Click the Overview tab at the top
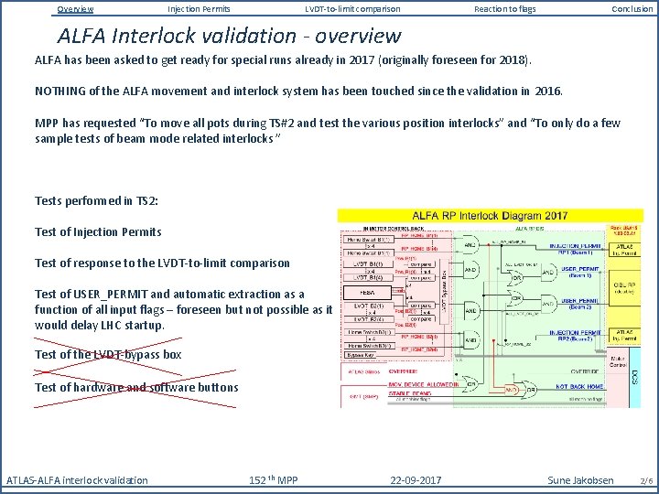pos(75,9)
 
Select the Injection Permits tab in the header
pos(199,9)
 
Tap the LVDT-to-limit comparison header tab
pos(352,9)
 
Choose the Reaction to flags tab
pos(504,9)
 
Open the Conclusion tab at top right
pos(632,9)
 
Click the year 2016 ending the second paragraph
pos(547,91)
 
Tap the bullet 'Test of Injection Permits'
pos(98,231)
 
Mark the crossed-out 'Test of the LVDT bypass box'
pos(108,355)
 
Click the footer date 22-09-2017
pos(416,480)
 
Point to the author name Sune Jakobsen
pos(580,480)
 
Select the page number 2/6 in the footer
pos(645,480)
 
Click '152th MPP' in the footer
pos(273,480)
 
